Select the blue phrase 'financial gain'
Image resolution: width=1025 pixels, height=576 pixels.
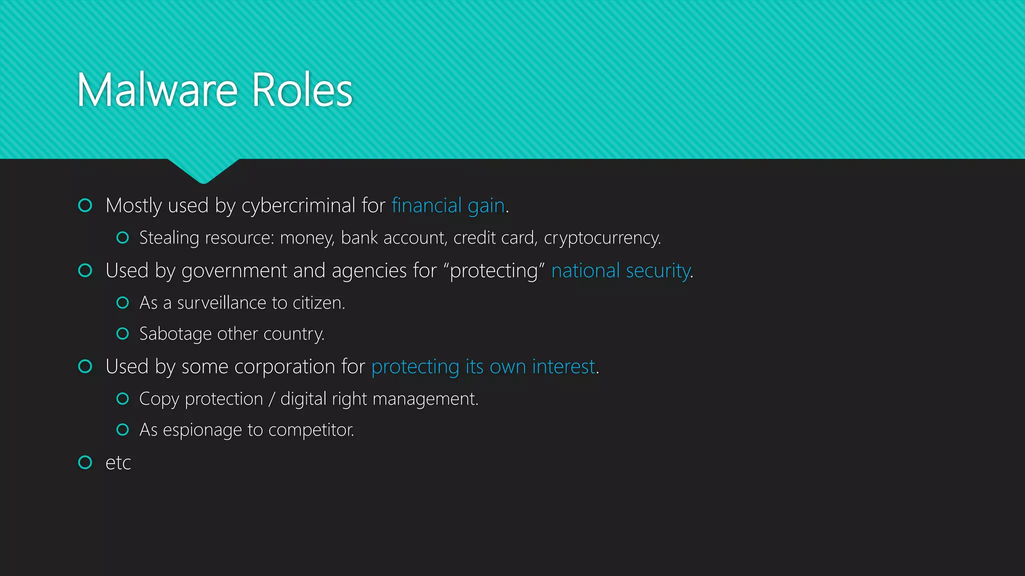coord(448,205)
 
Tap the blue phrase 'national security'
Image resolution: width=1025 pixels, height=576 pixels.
coord(621,270)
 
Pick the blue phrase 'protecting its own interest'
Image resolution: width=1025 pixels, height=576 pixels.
coord(483,366)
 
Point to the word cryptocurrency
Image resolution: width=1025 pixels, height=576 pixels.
coord(602,238)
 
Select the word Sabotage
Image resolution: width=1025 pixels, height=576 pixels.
coord(175,334)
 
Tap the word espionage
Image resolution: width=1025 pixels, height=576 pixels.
coord(202,430)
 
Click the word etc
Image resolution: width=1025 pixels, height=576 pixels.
coord(118,463)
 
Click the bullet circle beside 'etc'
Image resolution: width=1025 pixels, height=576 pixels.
coord(85,462)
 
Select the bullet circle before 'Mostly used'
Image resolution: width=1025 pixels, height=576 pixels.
coord(85,205)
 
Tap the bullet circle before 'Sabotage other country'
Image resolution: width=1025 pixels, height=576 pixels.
coord(123,333)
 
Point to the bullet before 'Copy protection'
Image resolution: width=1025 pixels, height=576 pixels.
coord(123,398)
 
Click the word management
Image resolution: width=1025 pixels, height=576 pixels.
coord(425,399)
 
